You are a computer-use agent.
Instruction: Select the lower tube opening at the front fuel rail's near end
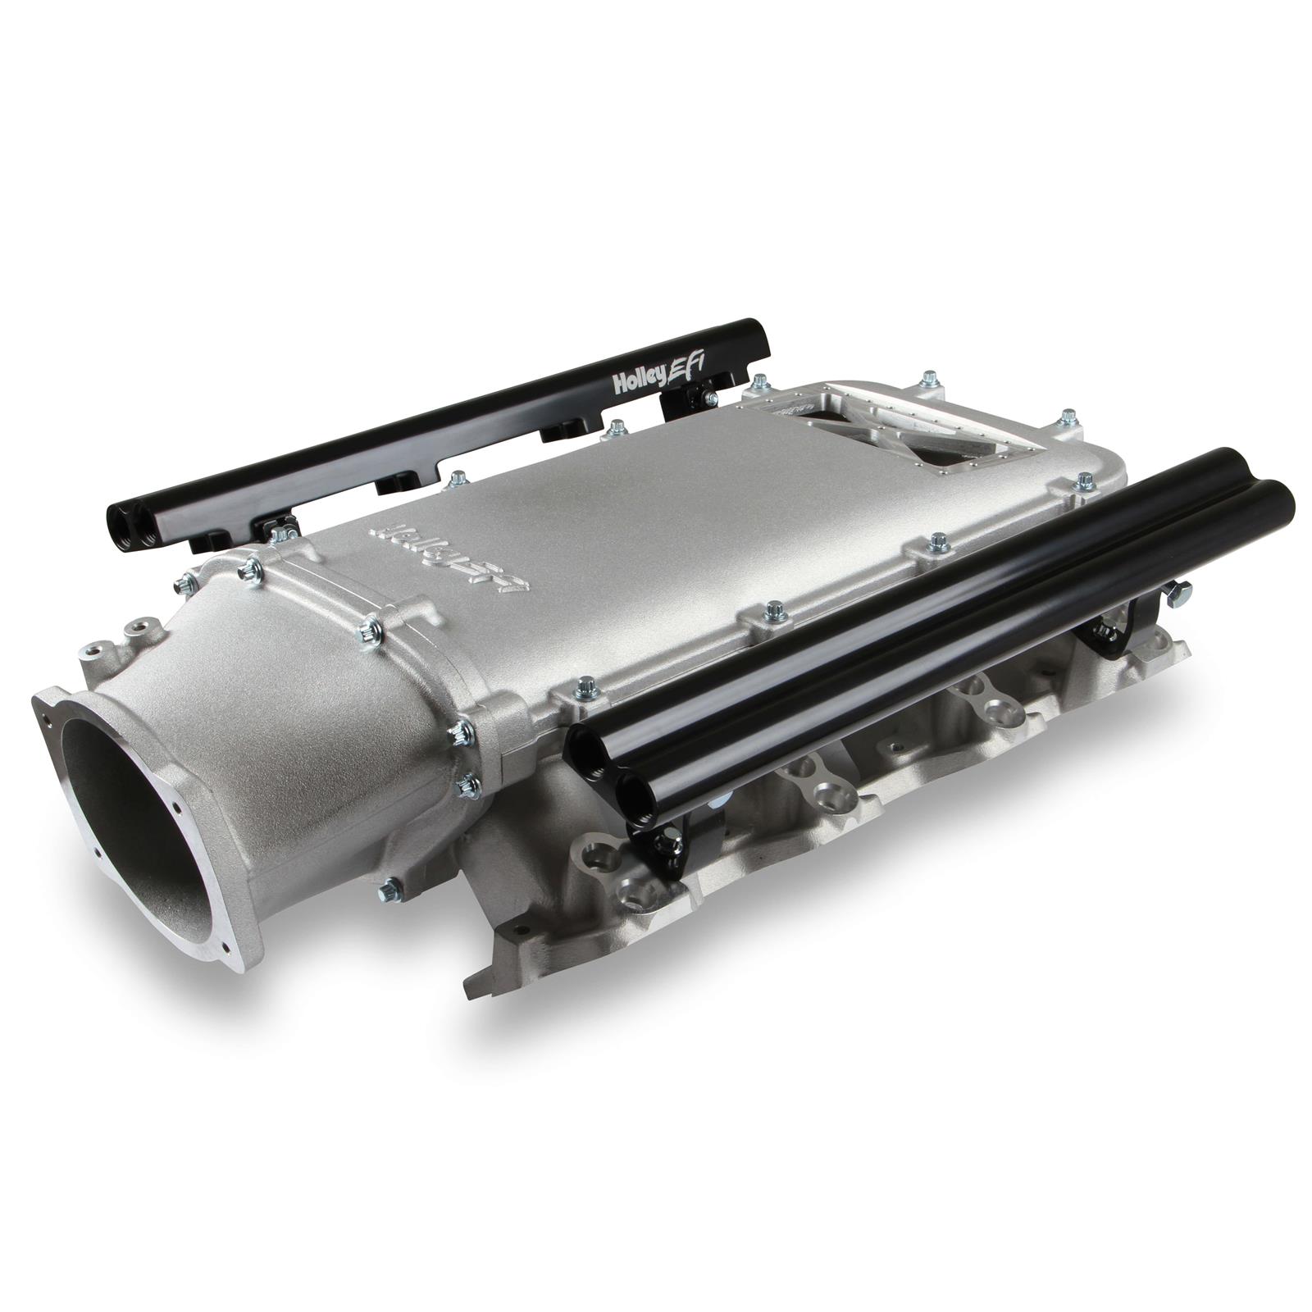(x=637, y=791)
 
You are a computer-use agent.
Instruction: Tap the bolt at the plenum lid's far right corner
(x=1068, y=416)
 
